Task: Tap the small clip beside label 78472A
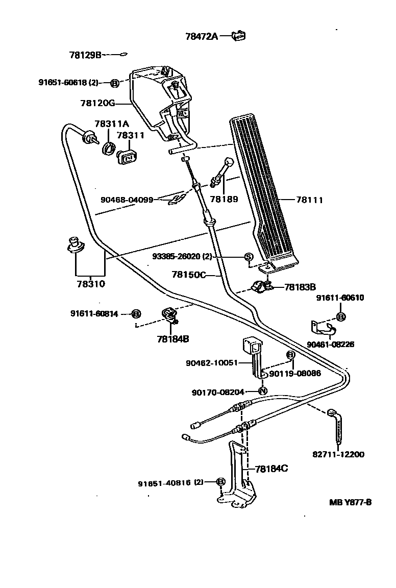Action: tap(238, 35)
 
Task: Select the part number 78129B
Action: tap(86, 54)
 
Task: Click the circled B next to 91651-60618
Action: tap(115, 82)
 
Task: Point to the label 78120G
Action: tap(97, 103)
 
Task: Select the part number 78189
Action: tap(224, 199)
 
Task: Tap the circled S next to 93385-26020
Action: tap(249, 256)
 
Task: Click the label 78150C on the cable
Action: tap(188, 275)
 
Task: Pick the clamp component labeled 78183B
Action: tap(261, 287)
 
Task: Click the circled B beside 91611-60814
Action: tap(136, 314)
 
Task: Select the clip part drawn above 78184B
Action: tap(169, 315)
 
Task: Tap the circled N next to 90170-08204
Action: tap(263, 391)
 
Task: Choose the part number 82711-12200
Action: tap(338, 454)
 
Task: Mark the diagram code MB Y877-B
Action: tap(350, 502)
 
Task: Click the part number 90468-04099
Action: tap(127, 200)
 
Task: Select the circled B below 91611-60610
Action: tap(341, 317)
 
